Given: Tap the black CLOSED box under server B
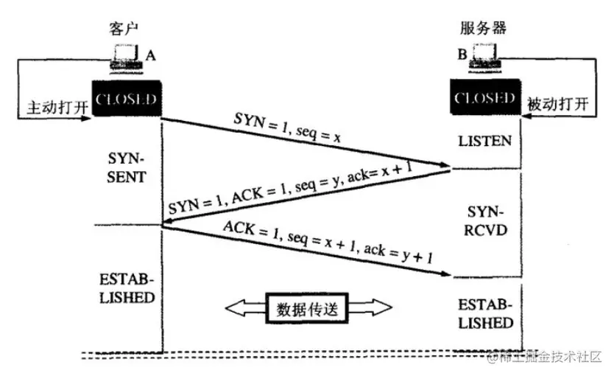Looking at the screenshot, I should pos(484,99).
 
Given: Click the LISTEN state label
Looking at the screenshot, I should pos(484,140).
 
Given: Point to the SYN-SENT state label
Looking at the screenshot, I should pos(127,169).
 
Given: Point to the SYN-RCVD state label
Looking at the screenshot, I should pos(484,220).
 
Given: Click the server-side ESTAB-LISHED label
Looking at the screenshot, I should pos(484,314).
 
